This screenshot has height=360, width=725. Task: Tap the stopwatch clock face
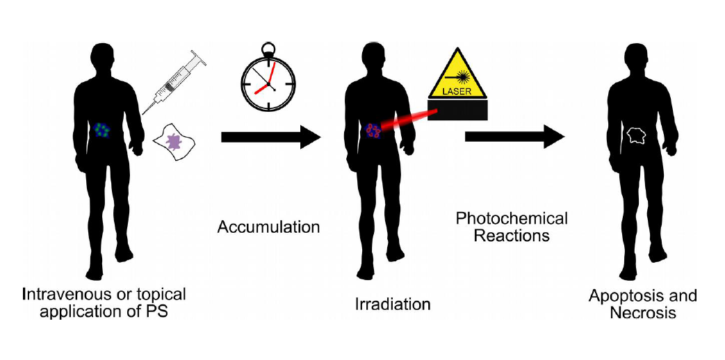click(x=268, y=83)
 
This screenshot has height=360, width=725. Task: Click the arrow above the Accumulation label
click(x=270, y=138)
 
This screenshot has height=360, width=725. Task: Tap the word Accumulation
click(x=268, y=227)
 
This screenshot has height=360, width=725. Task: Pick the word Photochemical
click(x=512, y=219)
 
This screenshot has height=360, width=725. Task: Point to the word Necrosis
click(x=643, y=313)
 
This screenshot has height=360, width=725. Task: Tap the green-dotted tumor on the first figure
click(x=104, y=130)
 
